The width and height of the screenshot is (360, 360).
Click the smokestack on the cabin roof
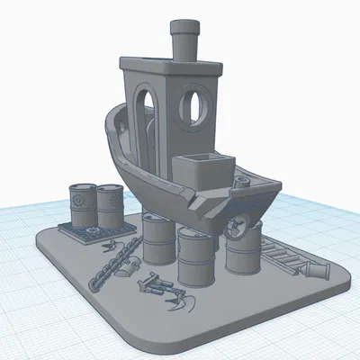pyautogui.click(x=186, y=40)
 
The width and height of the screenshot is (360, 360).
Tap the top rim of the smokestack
pyautogui.click(x=186, y=23)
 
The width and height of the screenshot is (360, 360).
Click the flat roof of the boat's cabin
pyautogui.click(x=171, y=65)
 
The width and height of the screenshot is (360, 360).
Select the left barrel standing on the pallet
pyautogui.click(x=82, y=205)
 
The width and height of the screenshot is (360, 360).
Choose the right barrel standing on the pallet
pyautogui.click(x=111, y=205)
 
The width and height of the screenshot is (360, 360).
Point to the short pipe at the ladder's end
pyautogui.click(x=318, y=270)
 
